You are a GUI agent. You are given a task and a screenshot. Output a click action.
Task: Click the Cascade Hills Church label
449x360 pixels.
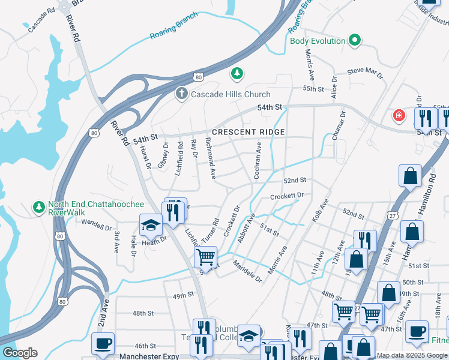231,94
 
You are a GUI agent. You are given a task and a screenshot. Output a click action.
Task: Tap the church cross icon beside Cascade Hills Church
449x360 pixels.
181,94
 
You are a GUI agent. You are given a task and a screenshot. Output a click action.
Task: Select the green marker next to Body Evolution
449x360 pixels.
355,41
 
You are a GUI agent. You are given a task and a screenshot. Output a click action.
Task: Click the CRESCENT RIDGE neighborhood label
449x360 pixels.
248,132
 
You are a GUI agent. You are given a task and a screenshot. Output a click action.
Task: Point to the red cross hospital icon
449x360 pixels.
398,115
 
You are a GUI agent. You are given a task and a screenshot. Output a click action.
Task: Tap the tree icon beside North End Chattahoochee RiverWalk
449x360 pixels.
39,207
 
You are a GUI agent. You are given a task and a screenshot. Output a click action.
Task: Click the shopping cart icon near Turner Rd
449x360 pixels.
206,257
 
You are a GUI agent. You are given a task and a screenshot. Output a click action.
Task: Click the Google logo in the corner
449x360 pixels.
19,352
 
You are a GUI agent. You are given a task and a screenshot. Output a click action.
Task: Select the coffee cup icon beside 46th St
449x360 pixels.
101,343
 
